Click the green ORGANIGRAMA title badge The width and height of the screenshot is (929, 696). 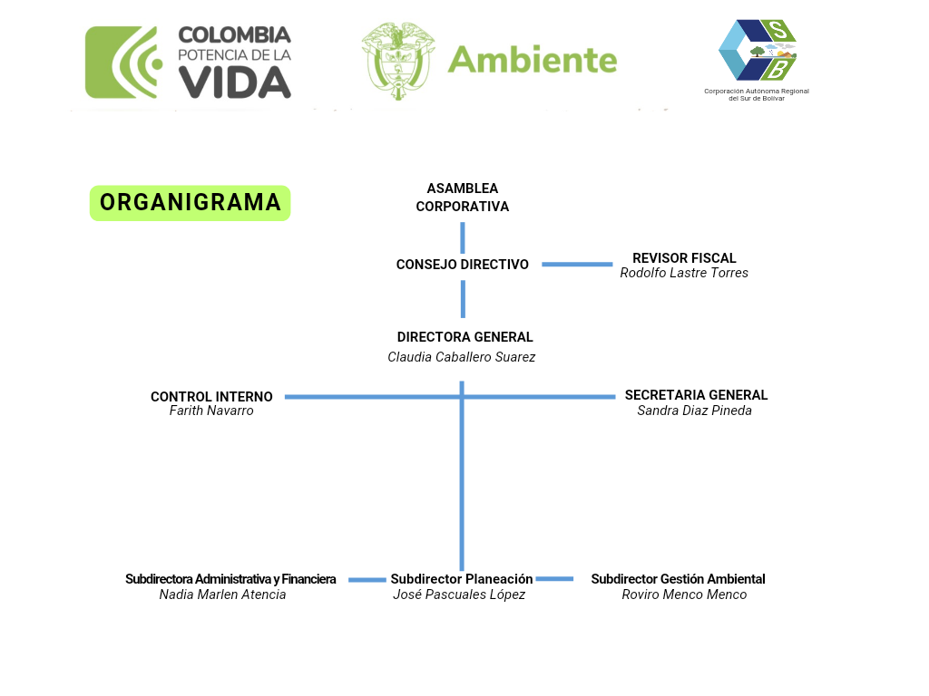tap(190, 203)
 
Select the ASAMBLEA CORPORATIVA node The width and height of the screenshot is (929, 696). tap(463, 198)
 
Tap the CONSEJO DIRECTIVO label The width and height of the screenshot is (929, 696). tap(463, 265)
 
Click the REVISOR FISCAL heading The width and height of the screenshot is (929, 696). tap(684, 258)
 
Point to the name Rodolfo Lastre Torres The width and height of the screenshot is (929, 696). tap(684, 273)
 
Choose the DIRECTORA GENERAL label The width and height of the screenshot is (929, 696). tap(464, 337)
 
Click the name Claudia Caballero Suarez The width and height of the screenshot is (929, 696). tap(461, 357)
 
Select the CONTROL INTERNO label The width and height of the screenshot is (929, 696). tap(211, 397)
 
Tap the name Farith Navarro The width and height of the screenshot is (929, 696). tap(211, 411)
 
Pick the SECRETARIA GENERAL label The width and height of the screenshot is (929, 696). tap(696, 395)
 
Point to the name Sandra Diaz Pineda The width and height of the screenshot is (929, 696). tap(694, 411)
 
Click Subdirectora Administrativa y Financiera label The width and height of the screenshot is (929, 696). tap(230, 579)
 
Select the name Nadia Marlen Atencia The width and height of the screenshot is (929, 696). tap(222, 594)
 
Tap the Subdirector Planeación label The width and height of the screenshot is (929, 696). tap(462, 579)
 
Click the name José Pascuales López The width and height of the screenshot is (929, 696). tap(459, 594)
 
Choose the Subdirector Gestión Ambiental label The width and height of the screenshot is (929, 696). tap(678, 579)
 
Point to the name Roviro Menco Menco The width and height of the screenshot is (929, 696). tap(684, 594)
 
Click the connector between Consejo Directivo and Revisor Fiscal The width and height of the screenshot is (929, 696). tap(577, 265)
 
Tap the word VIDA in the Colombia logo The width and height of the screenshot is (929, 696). tap(234, 82)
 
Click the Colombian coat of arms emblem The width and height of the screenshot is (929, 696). tap(397, 61)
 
